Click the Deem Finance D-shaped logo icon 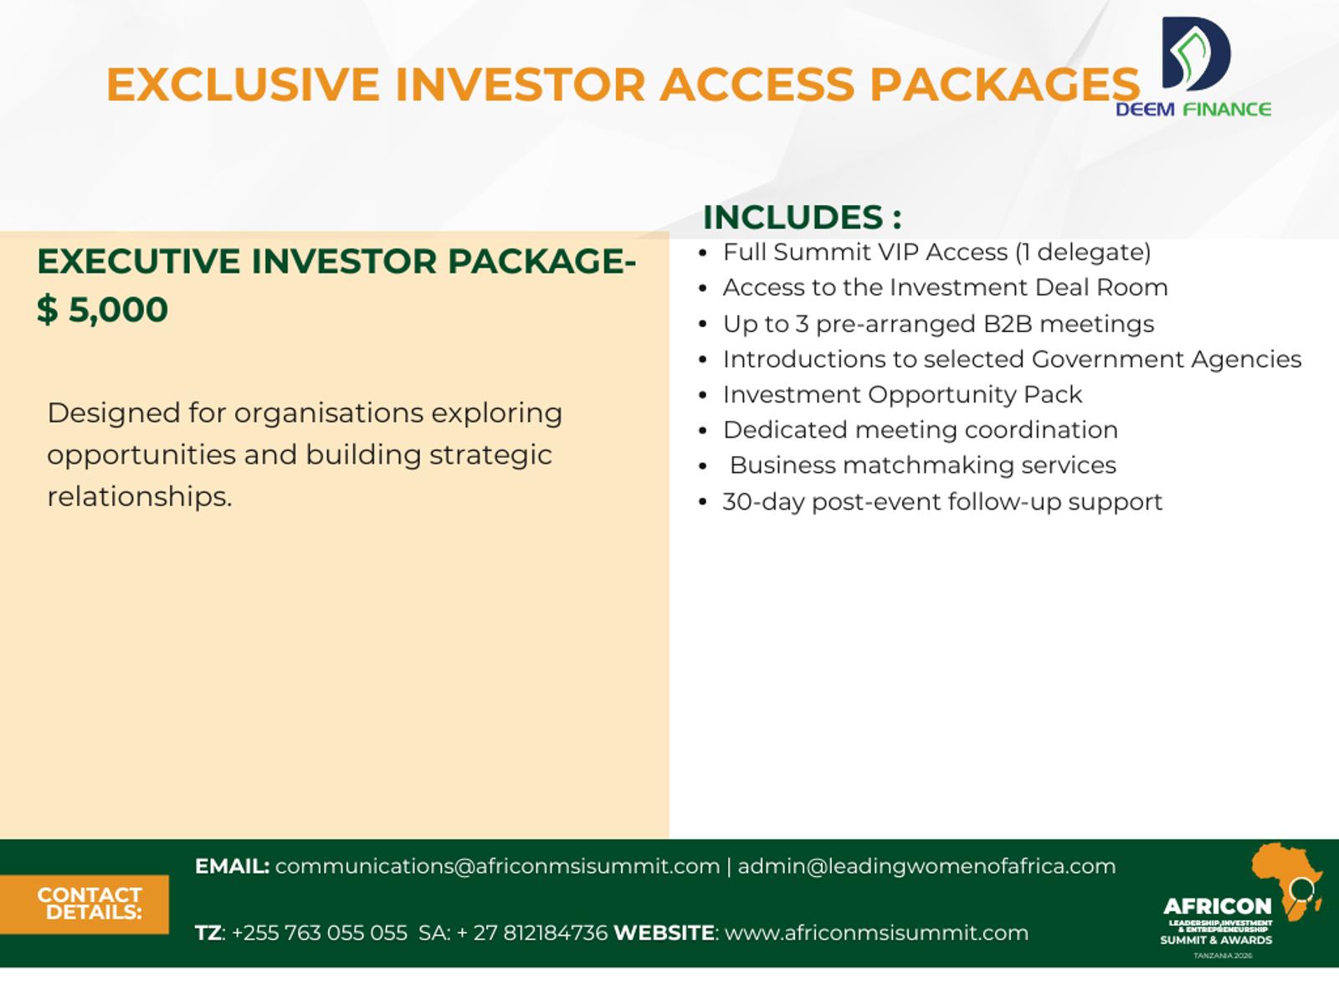1196,54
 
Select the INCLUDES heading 802,217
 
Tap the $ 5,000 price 102,309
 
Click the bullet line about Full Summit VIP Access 936,252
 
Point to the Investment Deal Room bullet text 945,287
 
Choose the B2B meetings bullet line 938,324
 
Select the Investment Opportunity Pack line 902,394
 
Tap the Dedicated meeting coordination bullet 920,430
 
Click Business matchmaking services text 922,465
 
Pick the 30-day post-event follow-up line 942,502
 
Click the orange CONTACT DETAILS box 85,904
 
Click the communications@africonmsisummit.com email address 497,866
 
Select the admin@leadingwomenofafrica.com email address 926,866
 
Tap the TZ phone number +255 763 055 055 319,933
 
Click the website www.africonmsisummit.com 876,933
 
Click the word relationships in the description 140,496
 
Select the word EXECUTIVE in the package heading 138,261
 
